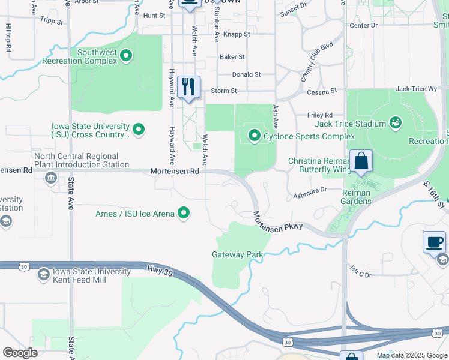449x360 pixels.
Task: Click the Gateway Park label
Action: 238,254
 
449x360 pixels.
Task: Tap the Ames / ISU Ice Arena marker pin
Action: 185,213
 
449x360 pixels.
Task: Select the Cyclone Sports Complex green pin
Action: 254,136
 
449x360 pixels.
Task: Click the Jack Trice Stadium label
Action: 351,124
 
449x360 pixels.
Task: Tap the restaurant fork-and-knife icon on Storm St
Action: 189,87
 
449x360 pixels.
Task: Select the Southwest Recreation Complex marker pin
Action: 126,57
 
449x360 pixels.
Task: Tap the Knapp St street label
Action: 237,34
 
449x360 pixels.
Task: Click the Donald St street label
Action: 247,74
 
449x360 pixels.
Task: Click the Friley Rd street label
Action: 320,115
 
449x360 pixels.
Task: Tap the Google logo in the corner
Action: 20,353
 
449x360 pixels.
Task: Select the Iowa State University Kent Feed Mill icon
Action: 43,275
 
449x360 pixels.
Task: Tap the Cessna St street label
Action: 322,92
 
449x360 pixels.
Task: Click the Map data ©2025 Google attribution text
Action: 411,355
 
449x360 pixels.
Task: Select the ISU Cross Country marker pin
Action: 138,129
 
